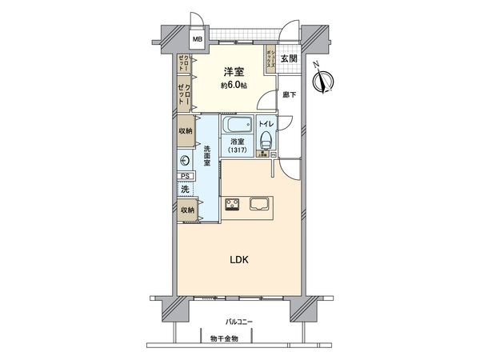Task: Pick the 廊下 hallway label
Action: tap(289, 95)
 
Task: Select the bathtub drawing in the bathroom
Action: tap(238, 127)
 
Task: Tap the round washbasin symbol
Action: tap(186, 160)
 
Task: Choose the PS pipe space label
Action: tap(185, 177)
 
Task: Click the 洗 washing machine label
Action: tap(185, 190)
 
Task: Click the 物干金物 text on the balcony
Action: tap(229, 338)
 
